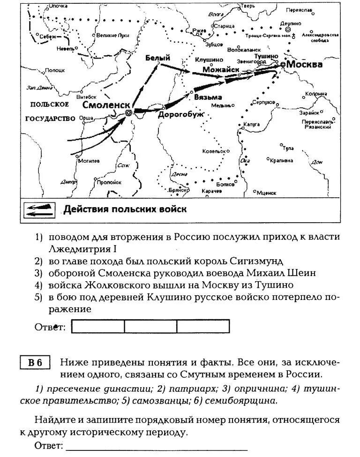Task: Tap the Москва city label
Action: [x=304, y=64]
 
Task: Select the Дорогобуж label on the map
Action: [x=181, y=114]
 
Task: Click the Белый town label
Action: [x=157, y=58]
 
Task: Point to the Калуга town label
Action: [x=252, y=124]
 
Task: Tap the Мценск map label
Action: [x=267, y=192]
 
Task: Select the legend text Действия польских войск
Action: [x=125, y=209]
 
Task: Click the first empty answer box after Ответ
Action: [x=98, y=326]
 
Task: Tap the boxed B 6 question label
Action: [x=35, y=363]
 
